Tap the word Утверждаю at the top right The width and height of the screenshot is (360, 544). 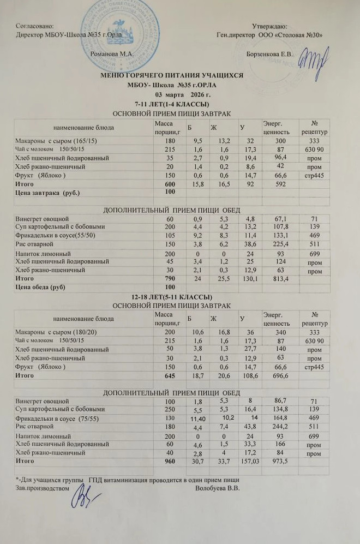pos(271,25)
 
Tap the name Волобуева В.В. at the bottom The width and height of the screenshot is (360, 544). pos(218,488)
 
